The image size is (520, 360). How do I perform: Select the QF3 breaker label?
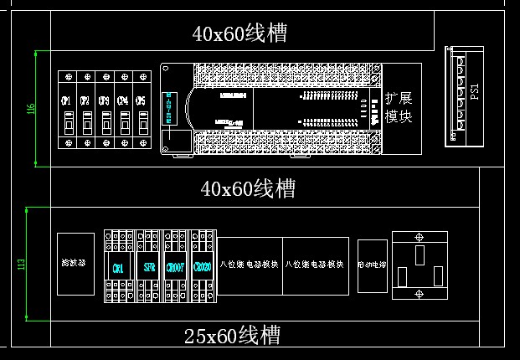click(x=104, y=100)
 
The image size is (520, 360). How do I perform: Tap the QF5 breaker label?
click(x=141, y=100)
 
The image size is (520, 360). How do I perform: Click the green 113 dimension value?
click(x=23, y=265)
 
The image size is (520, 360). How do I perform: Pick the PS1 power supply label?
click(x=475, y=91)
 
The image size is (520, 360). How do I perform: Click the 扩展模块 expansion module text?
click(x=399, y=108)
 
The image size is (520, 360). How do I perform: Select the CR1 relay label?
click(x=117, y=267)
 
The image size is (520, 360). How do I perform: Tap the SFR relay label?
click(x=149, y=267)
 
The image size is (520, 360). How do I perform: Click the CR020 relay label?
click(x=201, y=267)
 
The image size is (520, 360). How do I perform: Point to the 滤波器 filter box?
click(x=75, y=264)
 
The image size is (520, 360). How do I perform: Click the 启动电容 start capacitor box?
click(x=373, y=265)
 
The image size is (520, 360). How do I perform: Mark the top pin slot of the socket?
click(x=420, y=252)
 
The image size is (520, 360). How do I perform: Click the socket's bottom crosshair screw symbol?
click(x=420, y=292)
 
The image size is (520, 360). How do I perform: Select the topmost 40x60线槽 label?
click(x=239, y=33)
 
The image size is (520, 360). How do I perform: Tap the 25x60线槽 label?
click(x=232, y=337)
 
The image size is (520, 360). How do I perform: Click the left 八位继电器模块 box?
click(x=250, y=265)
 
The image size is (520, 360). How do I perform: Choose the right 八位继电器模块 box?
click(x=316, y=265)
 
